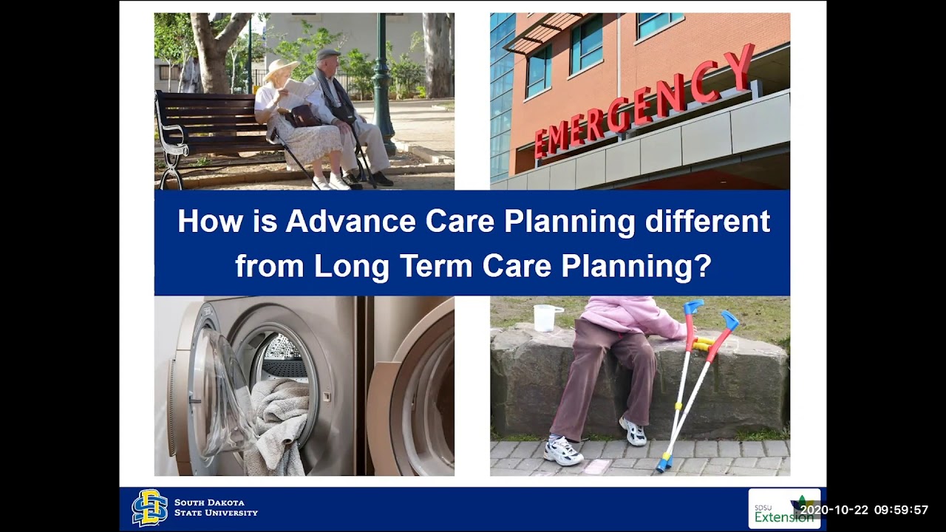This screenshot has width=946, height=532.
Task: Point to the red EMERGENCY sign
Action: click(x=643, y=103)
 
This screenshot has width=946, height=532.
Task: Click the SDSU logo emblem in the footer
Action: click(x=149, y=508)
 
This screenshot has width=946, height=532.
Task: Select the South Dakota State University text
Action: click(x=216, y=508)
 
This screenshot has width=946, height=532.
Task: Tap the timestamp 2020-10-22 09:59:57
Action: click(x=864, y=510)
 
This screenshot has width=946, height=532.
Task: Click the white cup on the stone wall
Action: click(x=544, y=317)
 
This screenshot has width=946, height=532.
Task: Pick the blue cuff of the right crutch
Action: click(x=729, y=320)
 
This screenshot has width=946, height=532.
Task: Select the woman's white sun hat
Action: click(x=281, y=68)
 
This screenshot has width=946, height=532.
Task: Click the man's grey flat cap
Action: click(x=327, y=54)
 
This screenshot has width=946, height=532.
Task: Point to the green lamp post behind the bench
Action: click(x=382, y=81)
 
